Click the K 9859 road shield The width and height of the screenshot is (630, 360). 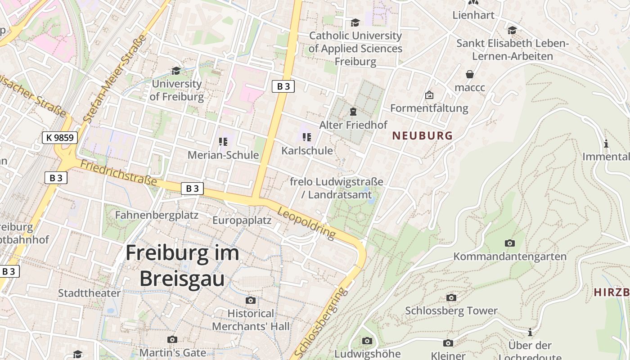click(x=60, y=138)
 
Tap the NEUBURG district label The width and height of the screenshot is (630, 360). click(x=422, y=135)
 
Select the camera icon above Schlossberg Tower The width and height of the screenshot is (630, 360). click(x=451, y=297)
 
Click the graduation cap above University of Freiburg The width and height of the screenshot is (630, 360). click(x=176, y=71)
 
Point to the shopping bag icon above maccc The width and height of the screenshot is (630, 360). click(x=470, y=74)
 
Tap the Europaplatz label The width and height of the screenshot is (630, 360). click(x=242, y=220)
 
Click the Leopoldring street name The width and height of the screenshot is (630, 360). click(x=306, y=223)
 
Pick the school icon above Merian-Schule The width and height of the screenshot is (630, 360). click(x=223, y=142)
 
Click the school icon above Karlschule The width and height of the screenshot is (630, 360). click(x=307, y=137)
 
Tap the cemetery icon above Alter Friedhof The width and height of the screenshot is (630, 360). click(x=353, y=111)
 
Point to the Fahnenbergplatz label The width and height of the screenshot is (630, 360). click(x=157, y=215)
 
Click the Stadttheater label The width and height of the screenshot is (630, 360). click(x=89, y=293)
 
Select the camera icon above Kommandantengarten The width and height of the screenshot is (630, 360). click(x=509, y=243)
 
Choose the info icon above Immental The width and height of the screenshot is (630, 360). click(x=606, y=144)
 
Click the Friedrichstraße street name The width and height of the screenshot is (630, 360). click(x=118, y=172)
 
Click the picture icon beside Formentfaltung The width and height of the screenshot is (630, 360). click(x=429, y=95)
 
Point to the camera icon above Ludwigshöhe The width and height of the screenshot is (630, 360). click(x=367, y=341)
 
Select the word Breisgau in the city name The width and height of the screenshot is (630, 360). click(x=182, y=279)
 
